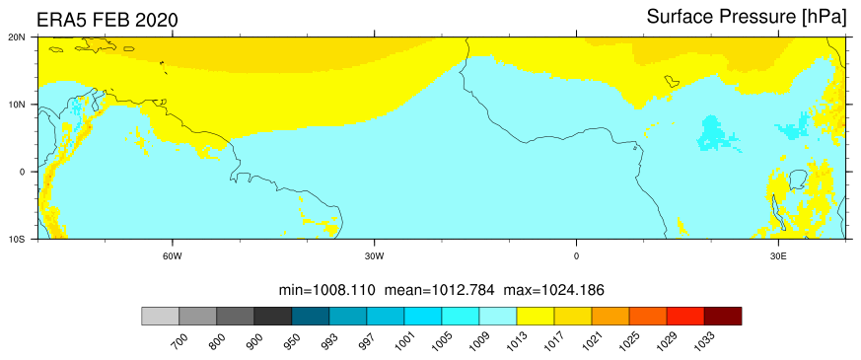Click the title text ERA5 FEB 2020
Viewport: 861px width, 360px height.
point(108,21)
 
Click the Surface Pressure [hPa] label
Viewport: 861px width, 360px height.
point(747,17)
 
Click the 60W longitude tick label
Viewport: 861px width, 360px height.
point(173,255)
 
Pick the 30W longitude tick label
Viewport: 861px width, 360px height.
point(375,255)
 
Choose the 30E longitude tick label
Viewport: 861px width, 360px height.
point(778,255)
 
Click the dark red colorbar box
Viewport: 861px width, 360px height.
point(723,316)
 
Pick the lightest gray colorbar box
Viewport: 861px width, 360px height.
point(161,316)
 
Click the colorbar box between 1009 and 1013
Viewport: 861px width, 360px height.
point(497,316)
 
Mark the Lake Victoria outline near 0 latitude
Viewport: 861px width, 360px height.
point(797,180)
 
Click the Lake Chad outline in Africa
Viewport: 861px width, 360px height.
point(672,81)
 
